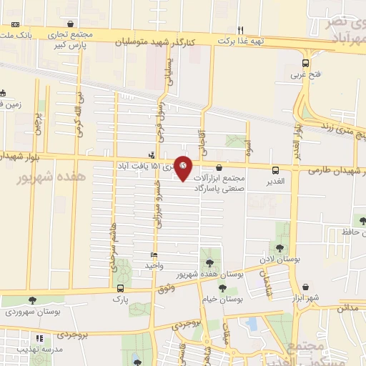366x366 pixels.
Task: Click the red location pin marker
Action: [184, 167]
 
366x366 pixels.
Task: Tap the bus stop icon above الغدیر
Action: [276, 169]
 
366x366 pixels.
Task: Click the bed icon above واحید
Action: [154, 255]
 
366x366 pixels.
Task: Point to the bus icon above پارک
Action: [119, 288]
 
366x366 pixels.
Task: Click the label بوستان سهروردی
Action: [31, 312]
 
